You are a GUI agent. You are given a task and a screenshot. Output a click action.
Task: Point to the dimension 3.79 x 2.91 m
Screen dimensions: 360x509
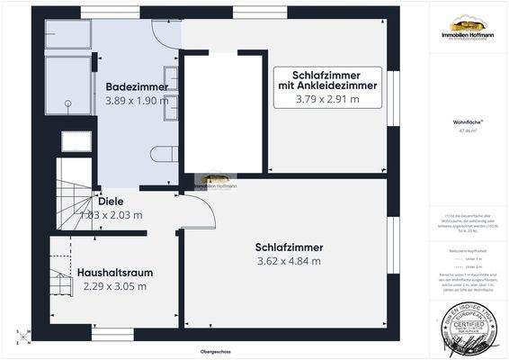(327, 99)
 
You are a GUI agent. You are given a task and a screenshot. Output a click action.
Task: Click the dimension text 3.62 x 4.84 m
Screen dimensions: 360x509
(289, 262)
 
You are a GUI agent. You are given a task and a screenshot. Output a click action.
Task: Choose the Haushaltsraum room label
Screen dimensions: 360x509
(114, 271)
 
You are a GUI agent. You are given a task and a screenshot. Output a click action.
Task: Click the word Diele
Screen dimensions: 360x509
(112, 202)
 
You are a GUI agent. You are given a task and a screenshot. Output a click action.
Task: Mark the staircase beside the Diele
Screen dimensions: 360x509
(71, 193)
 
